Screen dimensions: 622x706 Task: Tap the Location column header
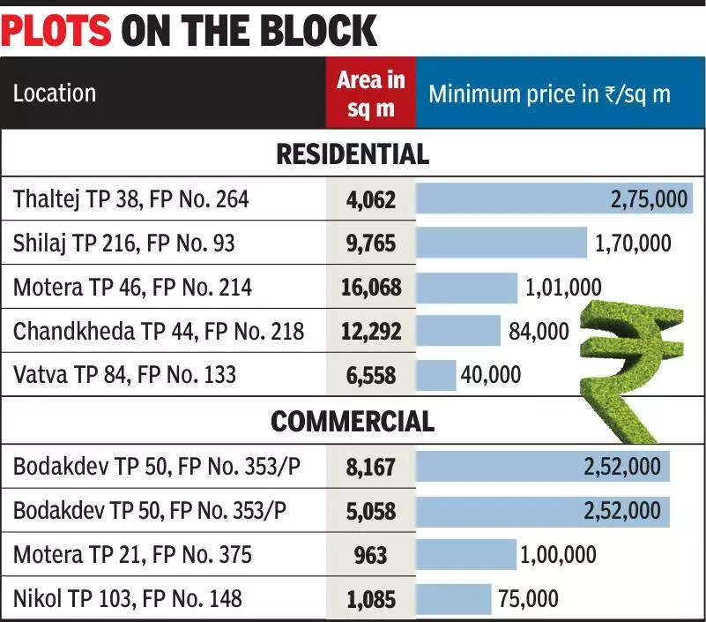click(x=55, y=93)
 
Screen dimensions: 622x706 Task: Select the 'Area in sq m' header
click(x=370, y=94)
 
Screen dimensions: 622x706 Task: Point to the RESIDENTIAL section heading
click(x=353, y=154)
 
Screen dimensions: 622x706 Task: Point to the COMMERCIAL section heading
click(x=353, y=422)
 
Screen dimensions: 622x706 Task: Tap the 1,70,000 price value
click(x=633, y=243)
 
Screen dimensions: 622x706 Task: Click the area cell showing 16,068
click(x=370, y=287)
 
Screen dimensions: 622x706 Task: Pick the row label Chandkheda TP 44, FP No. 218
click(x=159, y=332)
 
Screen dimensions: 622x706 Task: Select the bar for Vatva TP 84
click(x=435, y=375)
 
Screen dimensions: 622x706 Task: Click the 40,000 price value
click(x=490, y=375)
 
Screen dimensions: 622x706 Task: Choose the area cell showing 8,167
click(x=370, y=467)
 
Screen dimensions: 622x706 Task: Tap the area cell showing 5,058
click(x=370, y=511)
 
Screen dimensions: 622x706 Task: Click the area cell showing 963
click(x=370, y=555)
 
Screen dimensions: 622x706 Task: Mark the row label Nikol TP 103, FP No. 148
click(x=127, y=599)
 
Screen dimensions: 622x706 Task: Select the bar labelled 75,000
click(x=453, y=599)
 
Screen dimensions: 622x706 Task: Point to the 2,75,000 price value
click(x=649, y=199)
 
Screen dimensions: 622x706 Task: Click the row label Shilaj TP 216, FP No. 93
click(x=123, y=243)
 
